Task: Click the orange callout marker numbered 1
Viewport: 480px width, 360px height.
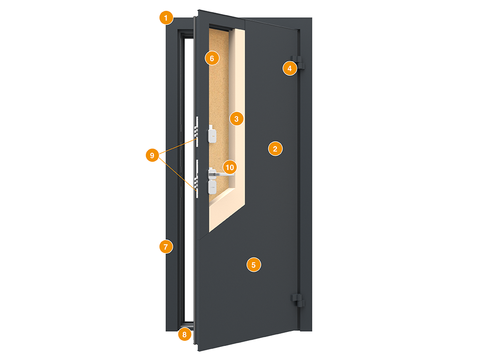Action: pos(166,18)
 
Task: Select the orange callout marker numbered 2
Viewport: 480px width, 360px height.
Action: pos(275,149)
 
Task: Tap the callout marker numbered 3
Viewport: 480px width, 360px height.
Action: pos(236,119)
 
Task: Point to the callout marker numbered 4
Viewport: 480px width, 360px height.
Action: pos(290,68)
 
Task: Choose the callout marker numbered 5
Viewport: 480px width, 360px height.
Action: pos(254,265)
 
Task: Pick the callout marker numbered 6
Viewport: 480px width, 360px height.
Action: pos(212,58)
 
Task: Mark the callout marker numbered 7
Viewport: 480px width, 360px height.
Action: pos(166,247)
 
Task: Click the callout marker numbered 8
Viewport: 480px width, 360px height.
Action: pos(184,334)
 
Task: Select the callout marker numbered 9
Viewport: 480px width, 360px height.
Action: pos(152,155)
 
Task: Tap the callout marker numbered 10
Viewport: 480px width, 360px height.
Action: pos(230,167)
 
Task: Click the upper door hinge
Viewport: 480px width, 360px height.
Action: pos(298,62)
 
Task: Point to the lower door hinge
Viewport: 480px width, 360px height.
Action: pos(298,300)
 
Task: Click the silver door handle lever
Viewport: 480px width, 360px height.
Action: pos(222,174)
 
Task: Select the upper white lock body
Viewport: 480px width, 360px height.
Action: pos(212,134)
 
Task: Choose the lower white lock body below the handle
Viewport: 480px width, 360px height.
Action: pos(212,187)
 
